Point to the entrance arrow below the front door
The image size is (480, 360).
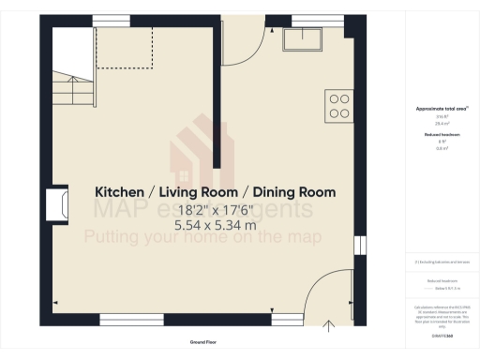pos(328,325)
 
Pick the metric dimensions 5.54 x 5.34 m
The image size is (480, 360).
pos(216,225)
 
